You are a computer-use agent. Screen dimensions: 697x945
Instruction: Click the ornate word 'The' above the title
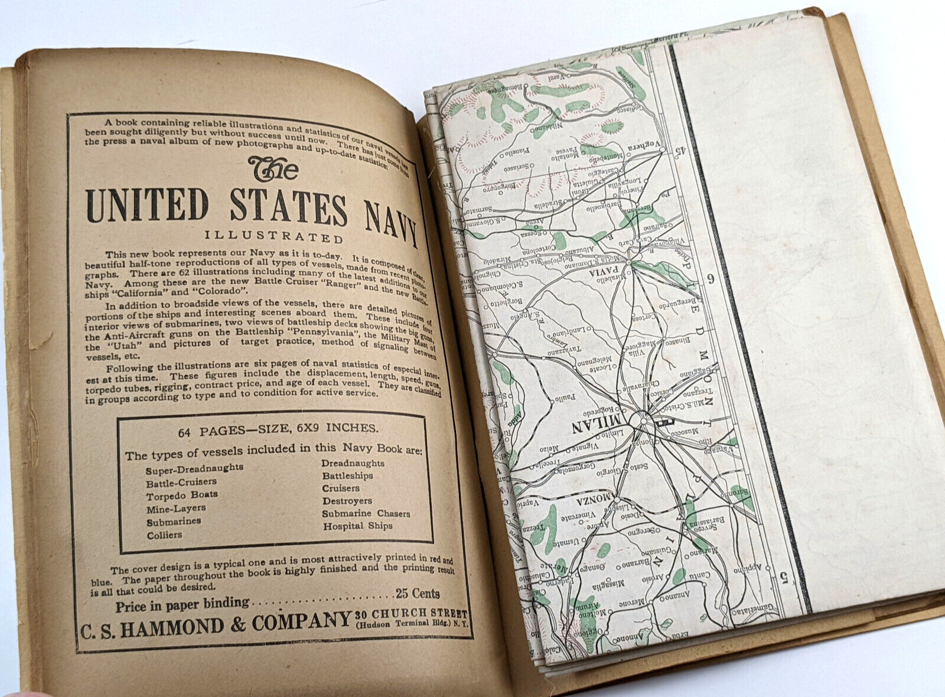pos(273,169)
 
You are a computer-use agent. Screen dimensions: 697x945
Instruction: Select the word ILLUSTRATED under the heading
pos(274,236)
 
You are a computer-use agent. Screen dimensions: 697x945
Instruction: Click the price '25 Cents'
pos(418,593)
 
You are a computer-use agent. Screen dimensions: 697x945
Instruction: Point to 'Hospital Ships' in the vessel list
pos(357,526)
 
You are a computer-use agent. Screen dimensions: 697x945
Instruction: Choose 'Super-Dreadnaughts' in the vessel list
pos(194,468)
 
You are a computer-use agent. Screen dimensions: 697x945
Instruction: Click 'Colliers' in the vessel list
pos(164,535)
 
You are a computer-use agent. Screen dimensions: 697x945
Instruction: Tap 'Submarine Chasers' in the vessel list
pos(366,513)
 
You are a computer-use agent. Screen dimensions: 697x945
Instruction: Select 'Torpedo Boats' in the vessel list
pos(182,495)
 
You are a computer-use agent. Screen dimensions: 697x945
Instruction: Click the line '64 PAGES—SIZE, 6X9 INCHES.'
pos(278,429)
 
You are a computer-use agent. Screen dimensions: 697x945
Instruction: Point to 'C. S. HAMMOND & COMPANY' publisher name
pos(216,625)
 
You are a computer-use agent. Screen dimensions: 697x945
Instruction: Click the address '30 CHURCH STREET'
pos(411,614)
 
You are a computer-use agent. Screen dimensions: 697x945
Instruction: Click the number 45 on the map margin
pos(680,151)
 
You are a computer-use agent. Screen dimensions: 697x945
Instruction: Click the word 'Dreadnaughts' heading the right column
pos(353,463)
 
